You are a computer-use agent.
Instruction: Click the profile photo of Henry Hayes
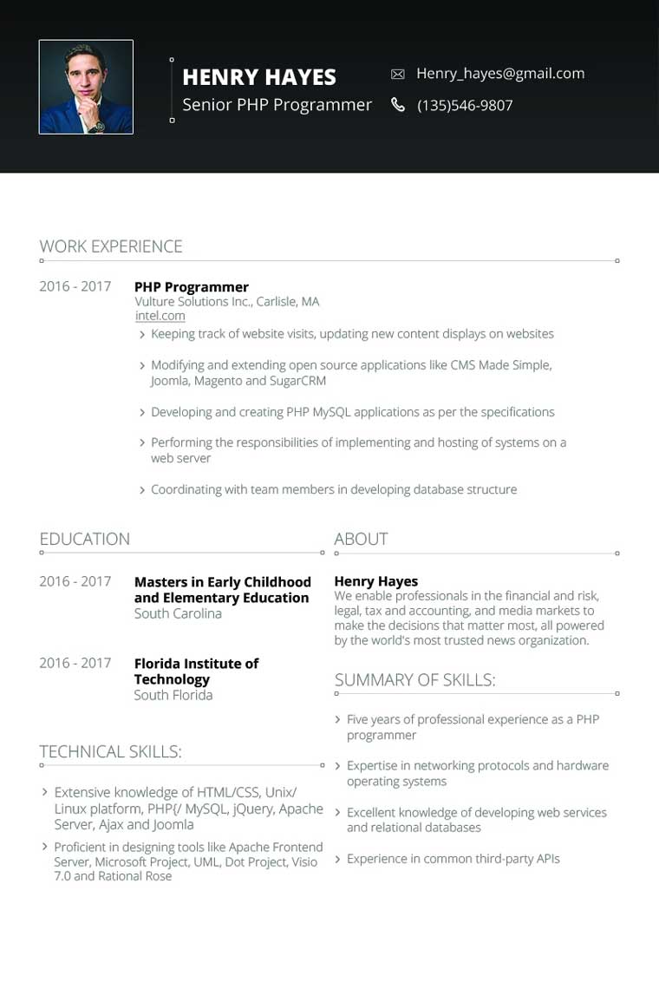pyautogui.click(x=86, y=87)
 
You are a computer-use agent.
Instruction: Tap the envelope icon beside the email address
pyautogui.click(x=398, y=75)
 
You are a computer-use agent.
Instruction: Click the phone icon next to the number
pyautogui.click(x=398, y=105)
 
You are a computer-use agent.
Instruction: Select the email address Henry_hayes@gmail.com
pyautogui.click(x=500, y=74)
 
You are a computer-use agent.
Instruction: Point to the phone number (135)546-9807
pyautogui.click(x=465, y=106)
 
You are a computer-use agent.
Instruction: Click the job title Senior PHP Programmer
pyautogui.click(x=277, y=105)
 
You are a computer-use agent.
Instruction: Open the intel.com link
pyautogui.click(x=160, y=316)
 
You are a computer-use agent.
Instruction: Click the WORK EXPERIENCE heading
pyautogui.click(x=111, y=246)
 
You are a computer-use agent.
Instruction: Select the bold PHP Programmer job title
pyautogui.click(x=192, y=287)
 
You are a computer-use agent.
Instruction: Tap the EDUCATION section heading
pyautogui.click(x=85, y=539)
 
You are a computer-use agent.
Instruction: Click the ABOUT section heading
pyautogui.click(x=361, y=539)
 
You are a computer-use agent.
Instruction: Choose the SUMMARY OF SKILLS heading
pyautogui.click(x=414, y=680)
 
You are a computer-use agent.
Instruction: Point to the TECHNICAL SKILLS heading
pyautogui.click(x=110, y=751)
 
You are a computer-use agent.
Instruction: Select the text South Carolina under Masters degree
pyautogui.click(x=178, y=613)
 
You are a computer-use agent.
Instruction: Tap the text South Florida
pyautogui.click(x=173, y=695)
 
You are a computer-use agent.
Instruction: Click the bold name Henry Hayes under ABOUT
pyautogui.click(x=376, y=581)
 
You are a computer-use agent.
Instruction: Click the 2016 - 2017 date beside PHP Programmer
pyautogui.click(x=75, y=286)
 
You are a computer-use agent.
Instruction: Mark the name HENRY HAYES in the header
pyautogui.click(x=259, y=76)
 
